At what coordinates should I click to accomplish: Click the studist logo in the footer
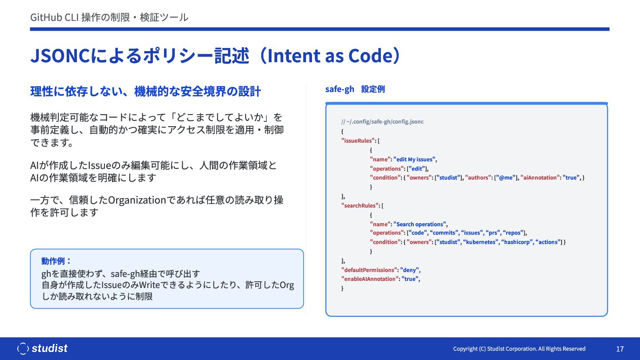tap(42, 348)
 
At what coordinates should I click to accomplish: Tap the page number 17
tap(620, 349)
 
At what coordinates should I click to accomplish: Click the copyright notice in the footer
tap(519, 349)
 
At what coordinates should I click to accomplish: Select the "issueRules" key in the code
tap(358, 140)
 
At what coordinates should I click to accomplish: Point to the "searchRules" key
tap(360, 205)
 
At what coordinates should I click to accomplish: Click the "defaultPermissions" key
tap(369, 270)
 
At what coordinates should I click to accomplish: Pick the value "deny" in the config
tap(409, 270)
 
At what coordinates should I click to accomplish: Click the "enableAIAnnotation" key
tap(370, 279)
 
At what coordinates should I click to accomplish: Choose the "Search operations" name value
tap(420, 224)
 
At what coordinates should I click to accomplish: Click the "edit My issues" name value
tap(414, 160)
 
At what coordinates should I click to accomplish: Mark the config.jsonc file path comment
tap(382, 122)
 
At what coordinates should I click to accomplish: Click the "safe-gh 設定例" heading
tap(355, 89)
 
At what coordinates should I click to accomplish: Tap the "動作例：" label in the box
tap(56, 261)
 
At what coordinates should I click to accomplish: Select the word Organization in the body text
tap(137, 200)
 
